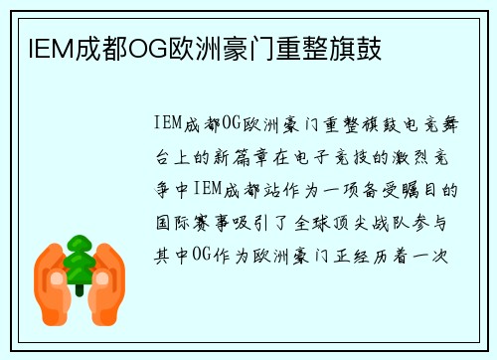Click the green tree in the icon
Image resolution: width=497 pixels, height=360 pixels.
[x=79, y=261]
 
